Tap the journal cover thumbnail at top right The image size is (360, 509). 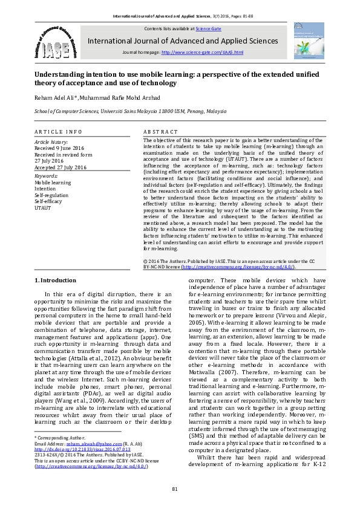pos(308,40)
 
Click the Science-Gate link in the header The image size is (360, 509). pos(208,28)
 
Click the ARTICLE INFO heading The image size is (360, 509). pos(57,131)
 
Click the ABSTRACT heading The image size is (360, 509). pos(160,131)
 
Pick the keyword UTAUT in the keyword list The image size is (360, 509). pos(44,209)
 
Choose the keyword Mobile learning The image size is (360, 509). pos(53,182)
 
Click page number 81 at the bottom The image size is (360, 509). pos(175,488)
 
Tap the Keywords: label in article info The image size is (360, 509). pos(47,175)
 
